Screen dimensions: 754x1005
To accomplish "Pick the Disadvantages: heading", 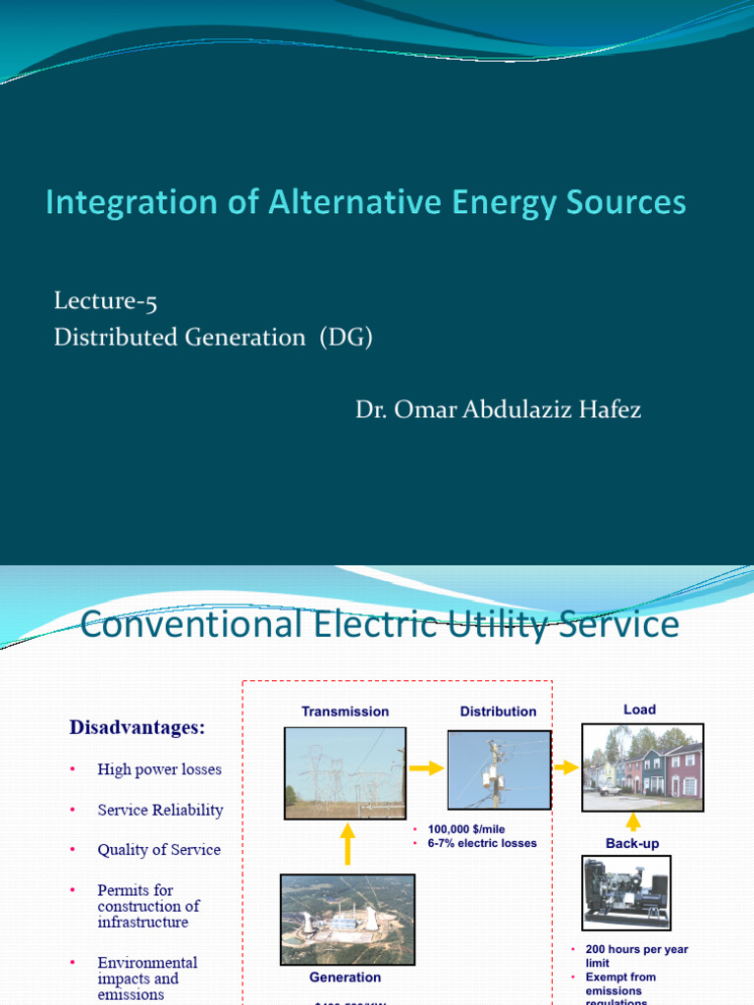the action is [136, 727].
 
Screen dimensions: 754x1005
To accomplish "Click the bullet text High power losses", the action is [159, 769].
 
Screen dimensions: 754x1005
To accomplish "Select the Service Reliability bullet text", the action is [160, 810].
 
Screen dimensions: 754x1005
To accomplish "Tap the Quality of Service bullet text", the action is [159, 850].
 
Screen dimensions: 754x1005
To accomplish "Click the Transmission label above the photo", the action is [345, 712].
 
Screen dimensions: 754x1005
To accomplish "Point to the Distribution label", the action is [498, 712].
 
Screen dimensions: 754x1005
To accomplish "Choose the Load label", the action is [639, 710].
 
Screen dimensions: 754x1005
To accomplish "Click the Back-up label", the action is [632, 843].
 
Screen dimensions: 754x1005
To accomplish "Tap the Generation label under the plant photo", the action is [345, 978].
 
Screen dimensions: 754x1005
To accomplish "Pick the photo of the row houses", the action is [642, 767].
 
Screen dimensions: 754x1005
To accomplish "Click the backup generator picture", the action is [626, 892].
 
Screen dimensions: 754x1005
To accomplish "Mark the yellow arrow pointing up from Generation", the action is [347, 842].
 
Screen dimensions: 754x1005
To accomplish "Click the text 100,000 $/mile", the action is [466, 829].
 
